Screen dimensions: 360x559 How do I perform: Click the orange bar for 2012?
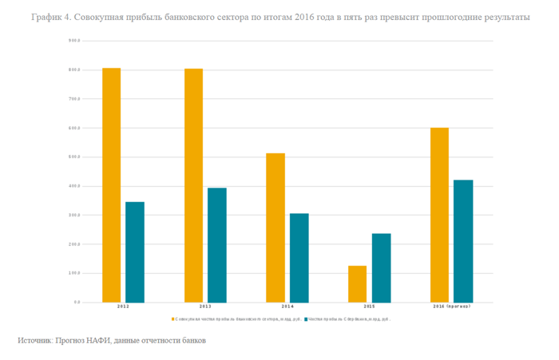tap(111, 185)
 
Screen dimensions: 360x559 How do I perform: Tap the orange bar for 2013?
tap(193, 185)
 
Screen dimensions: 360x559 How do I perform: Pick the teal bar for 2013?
tap(217, 245)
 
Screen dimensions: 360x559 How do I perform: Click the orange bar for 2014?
tap(276, 227)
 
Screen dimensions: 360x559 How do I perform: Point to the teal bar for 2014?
tap(299, 258)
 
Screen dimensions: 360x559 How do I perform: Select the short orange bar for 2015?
tap(357, 284)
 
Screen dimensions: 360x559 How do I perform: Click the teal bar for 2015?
tap(381, 268)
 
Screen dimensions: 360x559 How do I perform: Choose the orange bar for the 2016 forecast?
tap(439, 215)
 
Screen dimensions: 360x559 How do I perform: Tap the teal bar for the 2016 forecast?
tap(463, 241)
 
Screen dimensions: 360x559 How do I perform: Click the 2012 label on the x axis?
tap(124, 307)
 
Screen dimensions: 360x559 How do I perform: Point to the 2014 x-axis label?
tap(287, 307)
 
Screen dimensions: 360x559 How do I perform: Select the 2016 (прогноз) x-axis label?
tap(451, 307)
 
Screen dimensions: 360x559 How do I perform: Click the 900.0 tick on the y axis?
tap(75, 42)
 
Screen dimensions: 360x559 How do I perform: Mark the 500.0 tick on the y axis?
tap(75, 157)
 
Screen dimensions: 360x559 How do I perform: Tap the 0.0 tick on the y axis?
tap(77, 303)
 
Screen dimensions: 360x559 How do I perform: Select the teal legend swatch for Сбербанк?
tap(306, 318)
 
